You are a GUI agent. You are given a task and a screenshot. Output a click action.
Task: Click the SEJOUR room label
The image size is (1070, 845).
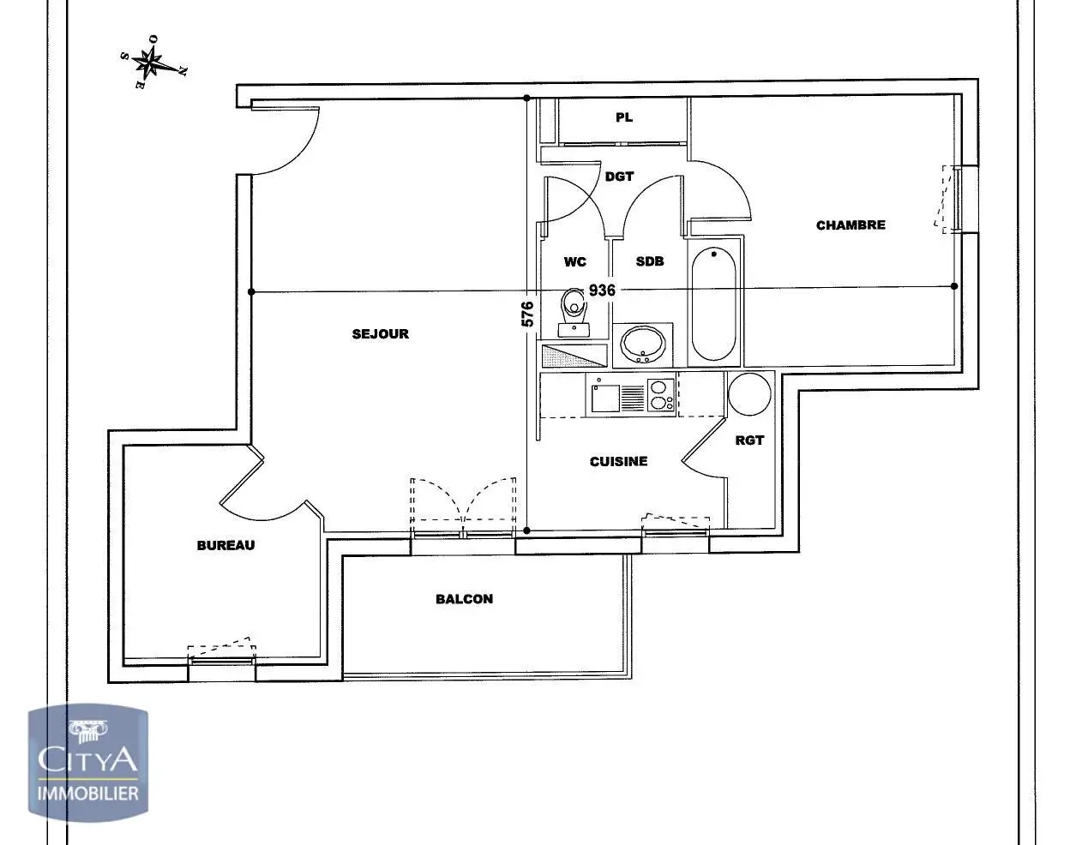[x=381, y=334]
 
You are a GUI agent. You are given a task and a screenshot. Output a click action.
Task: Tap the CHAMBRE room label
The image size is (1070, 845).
[x=851, y=225]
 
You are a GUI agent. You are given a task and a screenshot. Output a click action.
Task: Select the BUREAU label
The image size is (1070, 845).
[x=225, y=545]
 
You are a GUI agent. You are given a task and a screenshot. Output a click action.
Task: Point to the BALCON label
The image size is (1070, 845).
[x=465, y=599]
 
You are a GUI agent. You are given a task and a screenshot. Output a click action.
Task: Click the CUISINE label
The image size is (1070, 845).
[x=618, y=462]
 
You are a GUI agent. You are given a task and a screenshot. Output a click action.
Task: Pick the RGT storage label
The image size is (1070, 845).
[x=749, y=440]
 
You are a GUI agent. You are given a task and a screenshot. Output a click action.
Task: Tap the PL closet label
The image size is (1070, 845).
[x=624, y=117]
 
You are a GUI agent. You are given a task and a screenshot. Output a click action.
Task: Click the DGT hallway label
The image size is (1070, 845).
[x=620, y=177]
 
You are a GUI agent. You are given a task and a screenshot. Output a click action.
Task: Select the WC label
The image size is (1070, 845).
[x=575, y=262]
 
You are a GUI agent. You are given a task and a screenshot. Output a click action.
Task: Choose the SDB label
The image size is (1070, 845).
[x=650, y=261]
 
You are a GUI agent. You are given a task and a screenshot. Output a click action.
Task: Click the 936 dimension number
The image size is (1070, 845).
[x=602, y=291]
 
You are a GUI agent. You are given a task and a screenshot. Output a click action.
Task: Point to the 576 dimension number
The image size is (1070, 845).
[x=528, y=315]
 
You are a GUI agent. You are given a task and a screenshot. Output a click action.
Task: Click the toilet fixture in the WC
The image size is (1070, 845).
[x=574, y=313]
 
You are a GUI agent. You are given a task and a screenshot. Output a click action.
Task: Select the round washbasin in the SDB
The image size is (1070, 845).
[x=642, y=345]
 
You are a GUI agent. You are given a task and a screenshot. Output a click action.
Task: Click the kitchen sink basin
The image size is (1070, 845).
[x=605, y=399]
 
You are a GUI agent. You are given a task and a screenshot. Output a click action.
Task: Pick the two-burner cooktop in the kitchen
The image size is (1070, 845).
[x=661, y=395]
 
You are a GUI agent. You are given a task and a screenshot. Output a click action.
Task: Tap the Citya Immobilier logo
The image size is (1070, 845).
[x=88, y=763]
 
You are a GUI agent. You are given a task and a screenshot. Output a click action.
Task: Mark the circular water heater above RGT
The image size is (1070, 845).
[x=749, y=394]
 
